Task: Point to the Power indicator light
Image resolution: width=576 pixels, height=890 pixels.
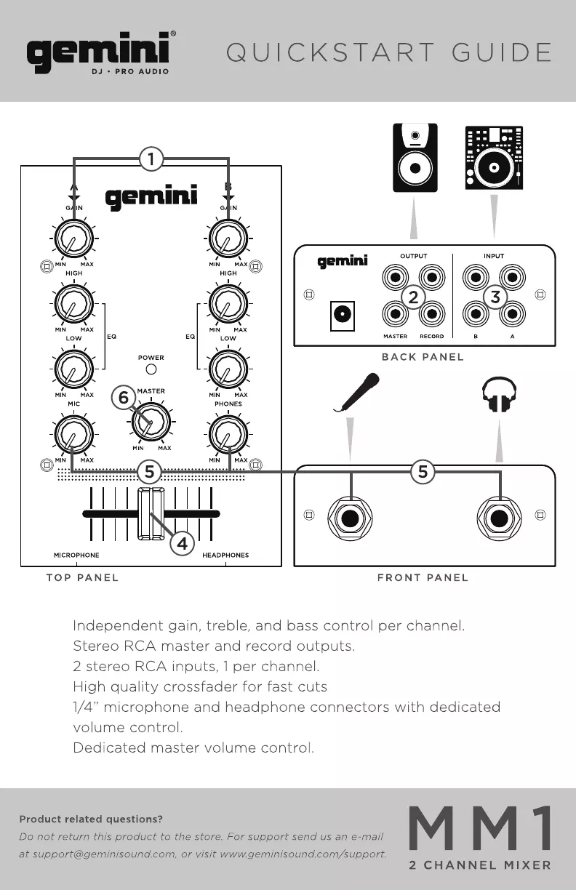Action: click(151, 369)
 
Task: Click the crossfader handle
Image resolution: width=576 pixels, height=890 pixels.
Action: click(151, 513)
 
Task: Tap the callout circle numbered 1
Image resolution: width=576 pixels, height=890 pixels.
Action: click(151, 158)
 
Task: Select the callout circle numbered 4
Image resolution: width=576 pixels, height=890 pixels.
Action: click(183, 543)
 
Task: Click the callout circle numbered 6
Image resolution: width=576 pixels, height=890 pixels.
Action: click(124, 398)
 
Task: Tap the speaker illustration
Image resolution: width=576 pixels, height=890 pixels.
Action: click(415, 158)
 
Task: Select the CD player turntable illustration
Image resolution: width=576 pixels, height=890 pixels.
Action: click(494, 158)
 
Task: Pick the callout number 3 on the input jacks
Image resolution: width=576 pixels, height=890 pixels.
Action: click(495, 297)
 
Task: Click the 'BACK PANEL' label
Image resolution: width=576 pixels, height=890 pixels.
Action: click(423, 357)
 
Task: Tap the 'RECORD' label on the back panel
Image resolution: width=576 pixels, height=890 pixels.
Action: click(431, 337)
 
